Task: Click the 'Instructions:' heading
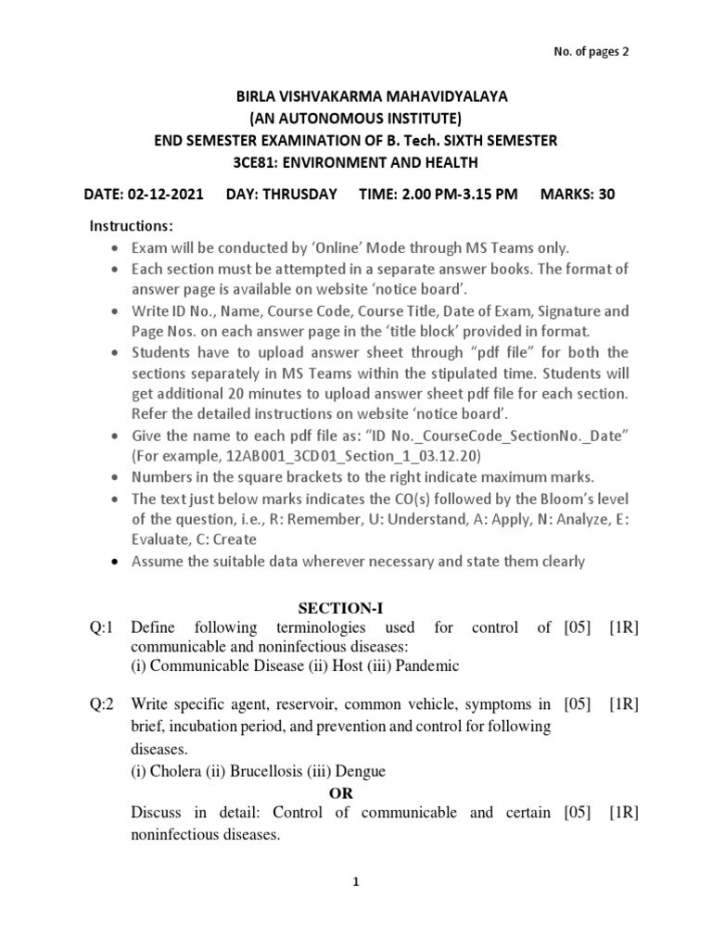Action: click(131, 227)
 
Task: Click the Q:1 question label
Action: click(100, 627)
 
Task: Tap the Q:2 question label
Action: click(100, 705)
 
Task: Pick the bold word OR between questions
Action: click(342, 793)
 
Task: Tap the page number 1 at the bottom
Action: click(355, 883)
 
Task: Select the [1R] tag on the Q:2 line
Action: click(624, 705)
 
